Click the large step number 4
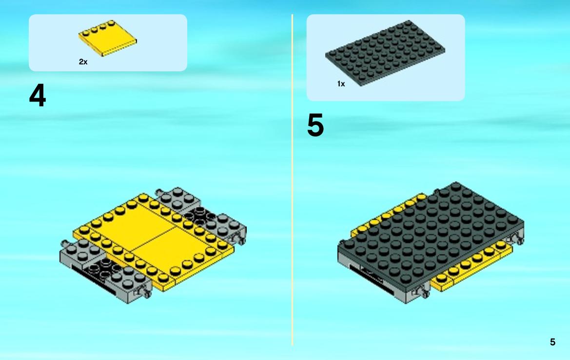point(38,95)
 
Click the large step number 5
point(315,125)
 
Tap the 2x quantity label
point(83,62)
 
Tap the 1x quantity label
point(341,84)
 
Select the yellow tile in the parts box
point(108,38)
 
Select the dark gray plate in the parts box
point(385,53)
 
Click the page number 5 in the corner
point(552,342)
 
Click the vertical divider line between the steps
point(292,180)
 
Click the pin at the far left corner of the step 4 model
point(64,243)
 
